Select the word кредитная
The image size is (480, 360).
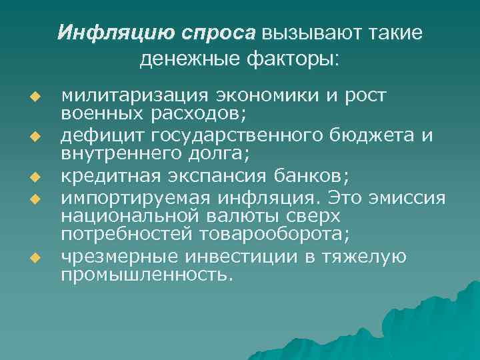coord(103,177)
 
